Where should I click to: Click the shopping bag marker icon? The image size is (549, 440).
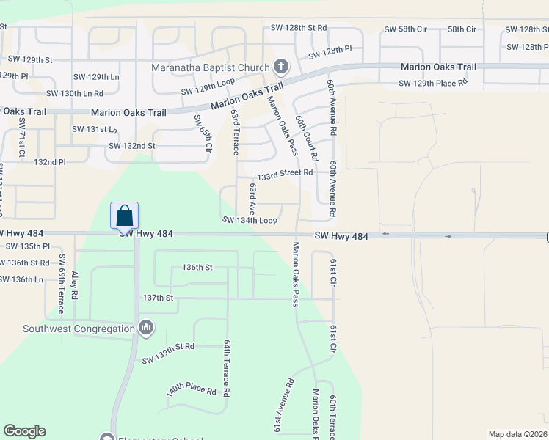[x=125, y=216]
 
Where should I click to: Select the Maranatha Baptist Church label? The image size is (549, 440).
[x=211, y=68]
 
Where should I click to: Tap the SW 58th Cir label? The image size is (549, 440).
[x=405, y=29]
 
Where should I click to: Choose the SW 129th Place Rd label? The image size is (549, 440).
[x=433, y=83]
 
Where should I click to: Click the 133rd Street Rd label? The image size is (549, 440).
[x=285, y=173]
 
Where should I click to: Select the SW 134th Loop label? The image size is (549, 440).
[x=250, y=220]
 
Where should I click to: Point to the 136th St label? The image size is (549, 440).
[x=197, y=268]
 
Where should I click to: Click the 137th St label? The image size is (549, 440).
[x=158, y=298]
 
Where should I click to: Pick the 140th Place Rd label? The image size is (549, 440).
[x=191, y=388]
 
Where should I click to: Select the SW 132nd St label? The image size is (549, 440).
[x=132, y=146]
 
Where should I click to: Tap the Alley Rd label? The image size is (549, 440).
[x=75, y=285]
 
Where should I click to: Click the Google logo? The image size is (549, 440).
[x=24, y=431]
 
